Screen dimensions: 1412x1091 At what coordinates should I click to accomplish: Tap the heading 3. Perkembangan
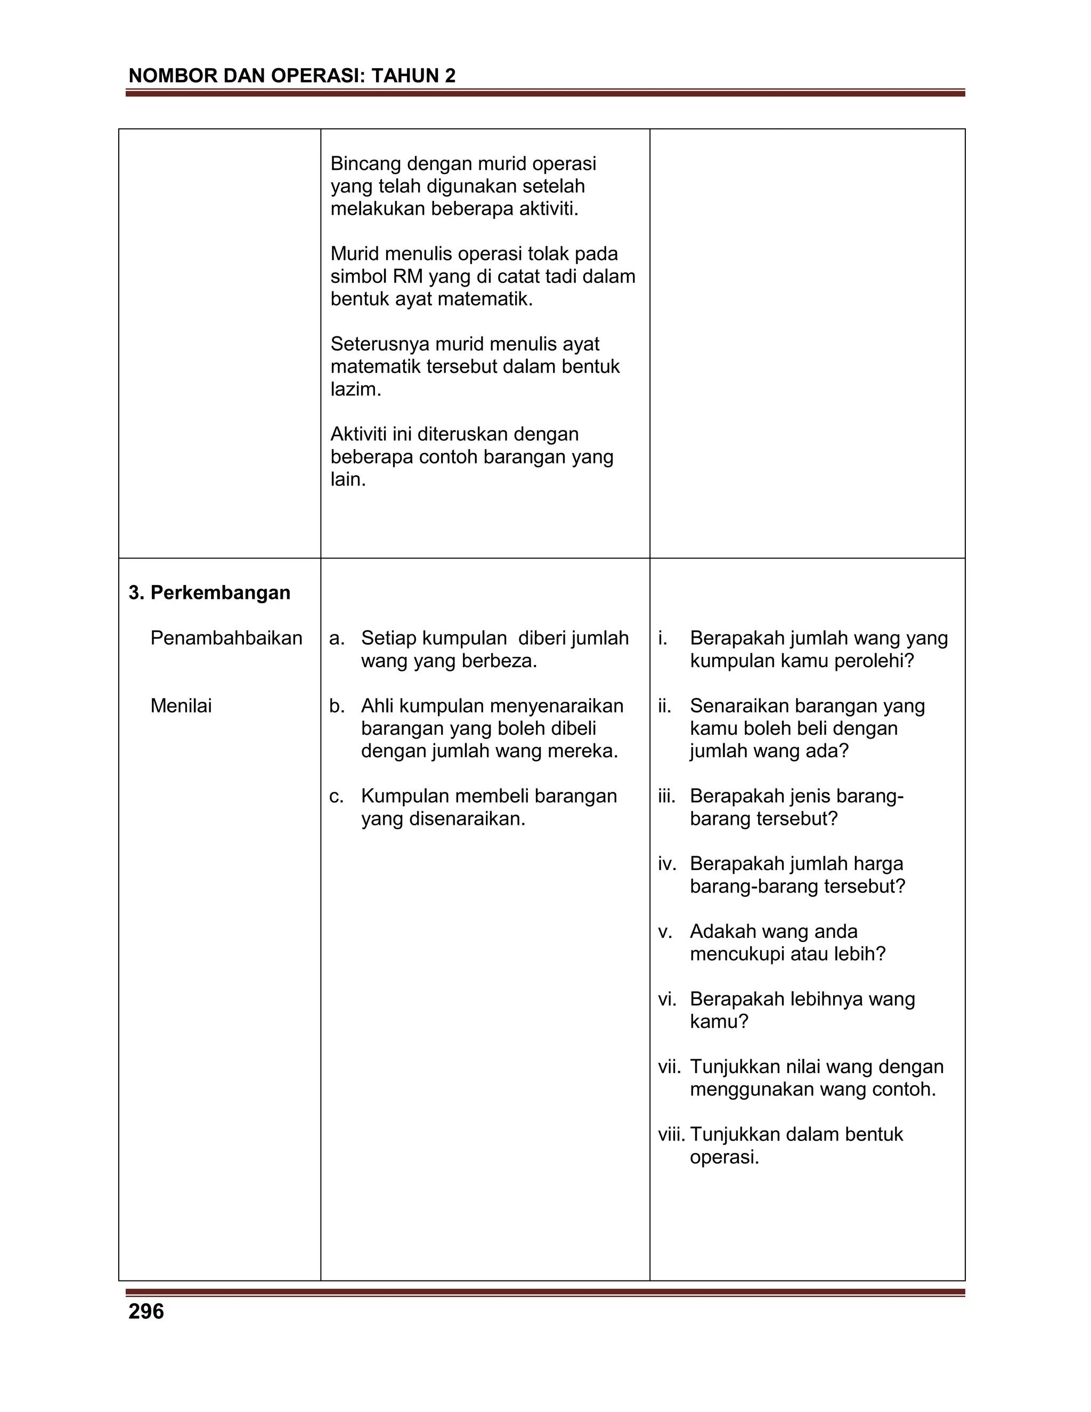209,593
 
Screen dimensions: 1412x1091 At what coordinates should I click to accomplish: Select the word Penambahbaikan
226,638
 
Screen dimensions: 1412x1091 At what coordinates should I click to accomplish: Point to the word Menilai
181,706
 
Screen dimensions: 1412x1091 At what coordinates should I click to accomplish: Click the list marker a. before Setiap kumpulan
336,638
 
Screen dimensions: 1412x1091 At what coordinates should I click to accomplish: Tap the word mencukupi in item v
737,954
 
